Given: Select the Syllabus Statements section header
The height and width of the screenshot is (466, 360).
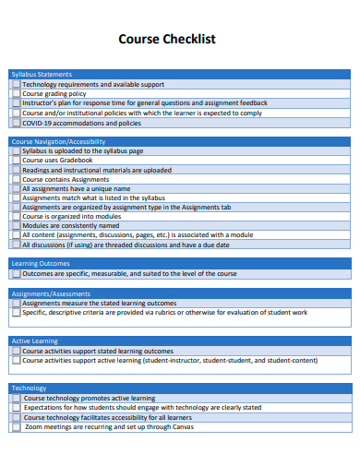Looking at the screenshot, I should coord(42,74).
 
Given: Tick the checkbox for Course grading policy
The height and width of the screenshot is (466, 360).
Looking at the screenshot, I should coord(16,93).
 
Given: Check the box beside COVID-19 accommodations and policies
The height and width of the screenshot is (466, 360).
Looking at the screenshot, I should coord(16,123).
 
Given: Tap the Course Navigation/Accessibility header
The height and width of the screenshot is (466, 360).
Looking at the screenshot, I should coord(58,141).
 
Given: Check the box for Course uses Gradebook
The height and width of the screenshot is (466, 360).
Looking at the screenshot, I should coord(16,161).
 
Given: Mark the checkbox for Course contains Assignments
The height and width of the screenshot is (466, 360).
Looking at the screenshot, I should coord(16,179).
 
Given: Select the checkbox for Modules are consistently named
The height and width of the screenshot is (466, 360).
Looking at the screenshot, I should coord(16,225).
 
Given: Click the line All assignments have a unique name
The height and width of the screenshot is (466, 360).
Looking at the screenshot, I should coord(76,188).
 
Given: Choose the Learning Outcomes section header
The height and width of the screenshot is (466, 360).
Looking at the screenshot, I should coord(41,263).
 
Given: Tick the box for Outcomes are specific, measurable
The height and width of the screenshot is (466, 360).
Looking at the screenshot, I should coord(16,274).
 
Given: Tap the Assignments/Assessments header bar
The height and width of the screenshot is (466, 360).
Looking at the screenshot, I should coord(51,293).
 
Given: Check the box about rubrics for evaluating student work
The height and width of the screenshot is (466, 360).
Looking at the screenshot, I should coord(16,313).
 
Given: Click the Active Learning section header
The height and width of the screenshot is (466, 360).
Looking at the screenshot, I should coord(34,341).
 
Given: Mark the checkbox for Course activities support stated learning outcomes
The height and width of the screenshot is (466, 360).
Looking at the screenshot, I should coord(16,351).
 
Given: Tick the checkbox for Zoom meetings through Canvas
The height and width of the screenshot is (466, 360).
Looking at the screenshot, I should coord(16,426).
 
